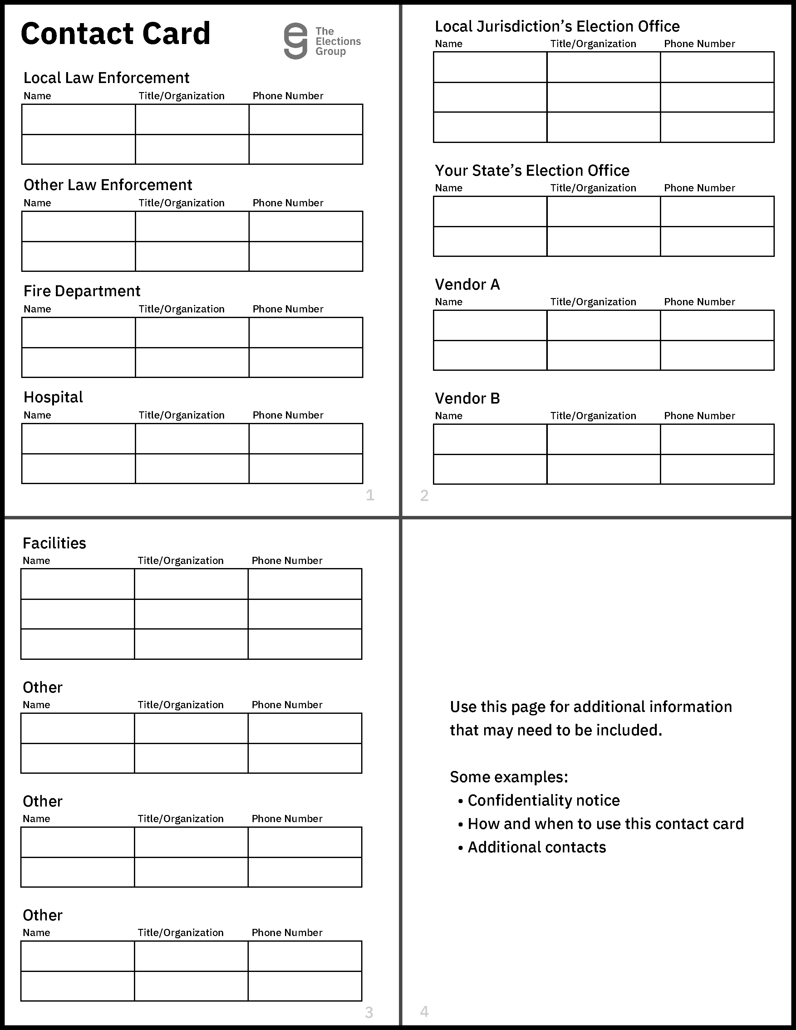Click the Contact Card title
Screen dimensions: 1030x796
(115, 34)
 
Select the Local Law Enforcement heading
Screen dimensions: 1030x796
(106, 78)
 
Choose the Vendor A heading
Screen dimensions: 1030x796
(467, 284)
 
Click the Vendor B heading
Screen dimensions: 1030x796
(467, 399)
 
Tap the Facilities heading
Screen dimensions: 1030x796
(54, 543)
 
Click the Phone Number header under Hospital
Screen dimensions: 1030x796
(288, 415)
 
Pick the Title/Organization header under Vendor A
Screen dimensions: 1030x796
(593, 302)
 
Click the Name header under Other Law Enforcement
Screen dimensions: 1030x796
(37, 203)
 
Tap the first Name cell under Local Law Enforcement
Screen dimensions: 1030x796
(78, 119)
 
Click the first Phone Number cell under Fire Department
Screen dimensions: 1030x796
(306, 332)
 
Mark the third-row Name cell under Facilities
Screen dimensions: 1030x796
(77, 644)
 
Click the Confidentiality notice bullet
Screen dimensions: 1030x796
(543, 800)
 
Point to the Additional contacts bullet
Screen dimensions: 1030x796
(536, 847)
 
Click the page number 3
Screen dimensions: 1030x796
(369, 1013)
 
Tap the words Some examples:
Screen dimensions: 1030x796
(509, 777)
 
